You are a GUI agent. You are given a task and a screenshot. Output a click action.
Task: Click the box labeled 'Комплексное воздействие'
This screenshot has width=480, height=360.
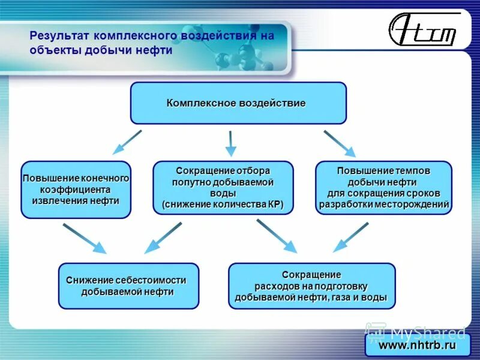pos(238,103)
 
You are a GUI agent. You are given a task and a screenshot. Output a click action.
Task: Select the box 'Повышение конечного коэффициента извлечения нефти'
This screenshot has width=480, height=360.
pos(76,189)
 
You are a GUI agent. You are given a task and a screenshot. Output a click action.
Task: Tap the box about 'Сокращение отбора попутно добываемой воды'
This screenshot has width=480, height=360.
pos(223,187)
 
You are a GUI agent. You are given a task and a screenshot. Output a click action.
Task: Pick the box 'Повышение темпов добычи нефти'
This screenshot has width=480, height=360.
pos(383,187)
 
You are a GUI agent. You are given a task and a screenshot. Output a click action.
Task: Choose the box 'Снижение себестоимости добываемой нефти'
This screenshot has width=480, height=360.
pos(128,286)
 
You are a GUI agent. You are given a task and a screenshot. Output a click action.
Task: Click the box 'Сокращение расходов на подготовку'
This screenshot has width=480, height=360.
pos(311,286)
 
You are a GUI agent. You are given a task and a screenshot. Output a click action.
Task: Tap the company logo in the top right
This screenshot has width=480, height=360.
pos(422,31)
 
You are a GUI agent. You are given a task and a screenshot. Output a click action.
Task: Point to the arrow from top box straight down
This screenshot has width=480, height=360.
pos(230,144)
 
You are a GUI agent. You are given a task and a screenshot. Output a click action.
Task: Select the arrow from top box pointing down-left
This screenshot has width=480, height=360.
pos(127,142)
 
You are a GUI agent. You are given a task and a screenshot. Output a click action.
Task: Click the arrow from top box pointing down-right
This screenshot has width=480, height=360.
pos(340,144)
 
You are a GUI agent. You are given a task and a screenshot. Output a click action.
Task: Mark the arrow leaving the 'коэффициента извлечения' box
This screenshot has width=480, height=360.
pos(85,238)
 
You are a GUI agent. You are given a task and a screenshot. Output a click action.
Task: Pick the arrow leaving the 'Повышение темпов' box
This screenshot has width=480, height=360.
pos(351,236)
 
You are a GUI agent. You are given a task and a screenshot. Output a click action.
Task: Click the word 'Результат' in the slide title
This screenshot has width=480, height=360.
pos(57,36)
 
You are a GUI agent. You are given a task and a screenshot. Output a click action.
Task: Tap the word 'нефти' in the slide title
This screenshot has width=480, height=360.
pos(157,50)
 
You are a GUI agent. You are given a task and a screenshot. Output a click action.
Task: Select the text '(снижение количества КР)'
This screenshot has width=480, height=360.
pos(223,205)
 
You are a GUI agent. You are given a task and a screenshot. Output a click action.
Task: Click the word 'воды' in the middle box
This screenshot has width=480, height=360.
pos(223,193)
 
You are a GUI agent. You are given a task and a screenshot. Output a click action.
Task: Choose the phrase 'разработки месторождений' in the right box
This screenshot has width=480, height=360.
pos(384,205)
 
